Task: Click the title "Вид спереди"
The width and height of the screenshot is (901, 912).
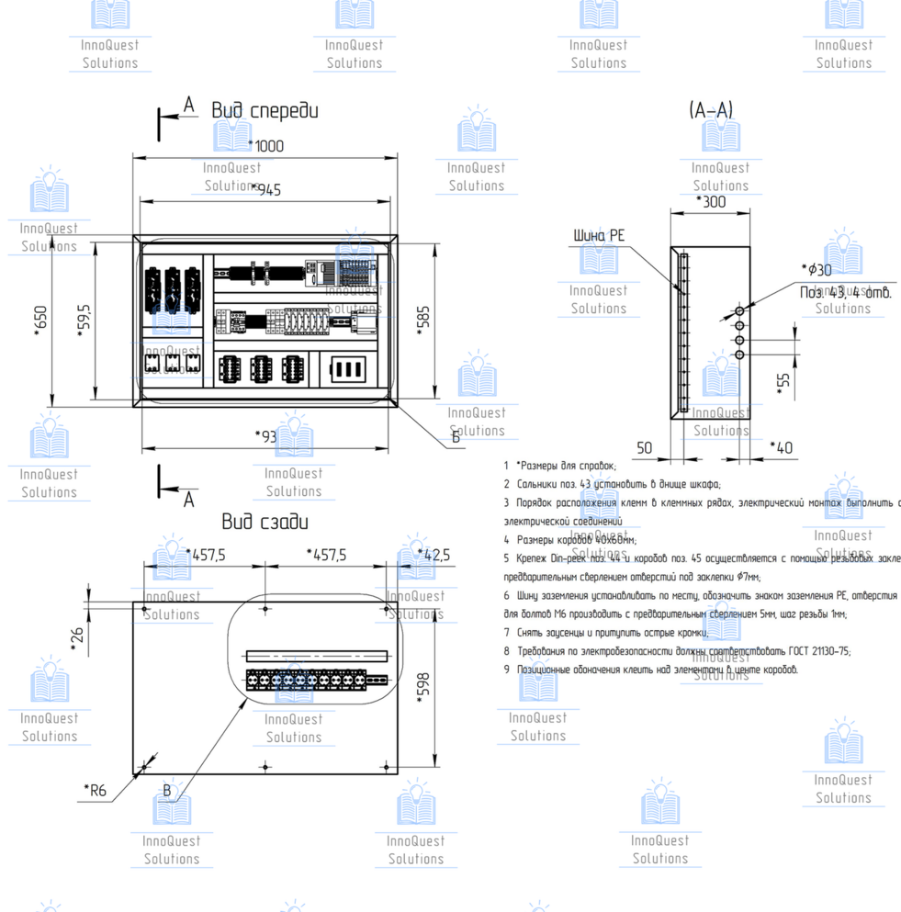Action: pos(265,111)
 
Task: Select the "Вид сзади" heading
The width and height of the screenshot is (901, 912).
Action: pos(265,522)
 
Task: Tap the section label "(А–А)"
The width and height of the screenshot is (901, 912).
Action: pos(711,110)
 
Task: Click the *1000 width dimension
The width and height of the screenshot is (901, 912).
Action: pos(266,145)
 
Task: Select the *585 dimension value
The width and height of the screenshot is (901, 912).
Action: pos(423,319)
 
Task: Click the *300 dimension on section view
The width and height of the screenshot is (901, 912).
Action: pos(711,201)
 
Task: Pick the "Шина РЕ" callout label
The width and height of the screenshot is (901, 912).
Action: pos(599,236)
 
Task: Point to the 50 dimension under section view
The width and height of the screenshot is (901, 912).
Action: pos(645,447)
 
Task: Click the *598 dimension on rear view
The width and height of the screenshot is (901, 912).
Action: pos(423,685)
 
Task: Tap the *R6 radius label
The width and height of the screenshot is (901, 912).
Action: pos(96,789)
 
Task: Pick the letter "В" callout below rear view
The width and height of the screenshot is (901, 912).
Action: pos(167,790)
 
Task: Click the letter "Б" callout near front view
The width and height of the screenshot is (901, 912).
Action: pos(456,437)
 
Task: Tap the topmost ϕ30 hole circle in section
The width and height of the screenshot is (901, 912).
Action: pos(738,312)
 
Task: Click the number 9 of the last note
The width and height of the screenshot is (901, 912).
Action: pos(506,670)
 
